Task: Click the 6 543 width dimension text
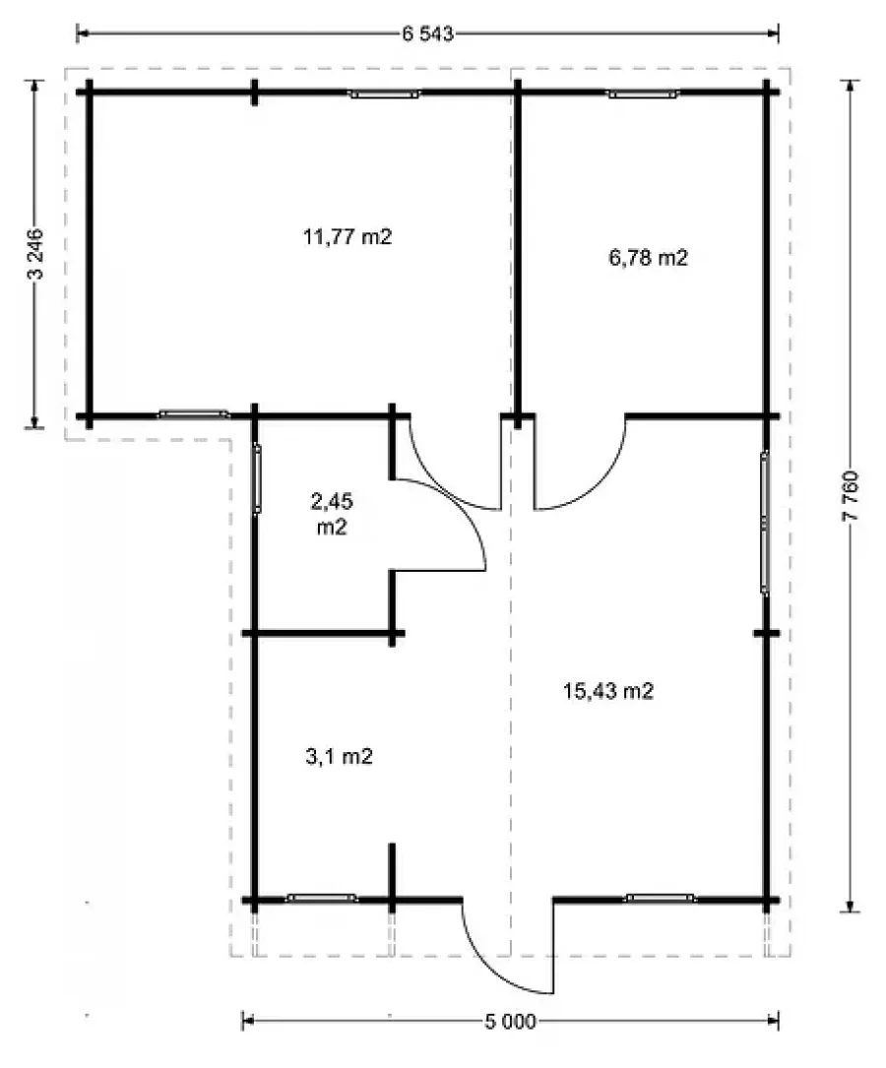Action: coord(427,33)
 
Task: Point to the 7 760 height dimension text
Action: coord(852,496)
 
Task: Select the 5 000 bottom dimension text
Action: coord(510,1022)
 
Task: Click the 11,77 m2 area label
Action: coord(348,237)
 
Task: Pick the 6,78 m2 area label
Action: coord(648,258)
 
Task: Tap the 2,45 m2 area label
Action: coord(332,514)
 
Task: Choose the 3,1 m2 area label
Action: coord(340,756)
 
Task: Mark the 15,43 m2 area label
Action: coord(608,691)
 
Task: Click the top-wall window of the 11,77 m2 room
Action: coord(385,94)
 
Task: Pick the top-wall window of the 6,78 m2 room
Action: coord(644,94)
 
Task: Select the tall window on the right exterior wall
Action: coord(765,523)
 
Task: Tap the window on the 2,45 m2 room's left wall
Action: coord(257,477)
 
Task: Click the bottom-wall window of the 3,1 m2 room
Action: coord(322,899)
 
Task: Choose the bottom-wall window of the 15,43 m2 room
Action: coord(661,899)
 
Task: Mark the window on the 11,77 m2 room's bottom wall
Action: coord(193,413)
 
